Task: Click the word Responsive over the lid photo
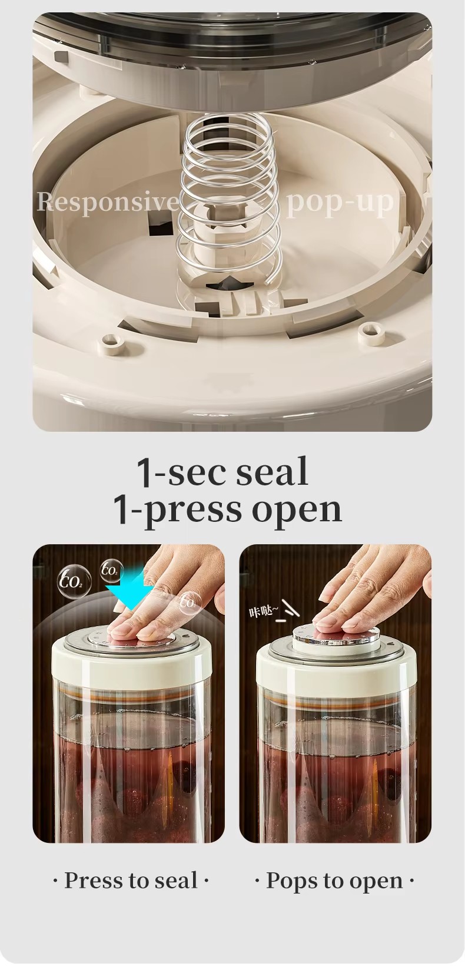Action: tap(108, 201)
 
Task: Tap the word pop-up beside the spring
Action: tap(340, 202)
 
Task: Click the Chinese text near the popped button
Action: tap(261, 611)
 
